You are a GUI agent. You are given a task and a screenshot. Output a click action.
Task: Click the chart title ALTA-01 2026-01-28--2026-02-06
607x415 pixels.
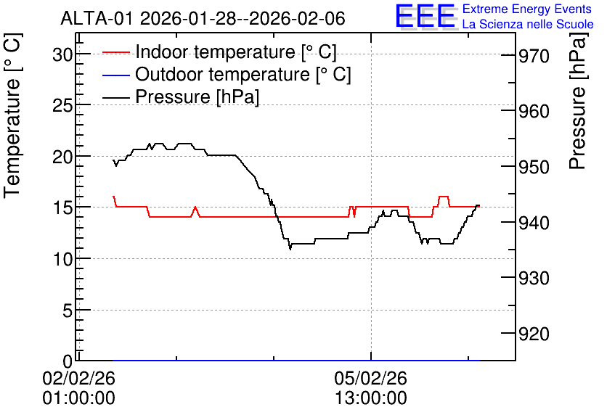(203, 18)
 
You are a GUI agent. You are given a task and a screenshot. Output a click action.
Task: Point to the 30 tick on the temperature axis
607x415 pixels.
(62, 55)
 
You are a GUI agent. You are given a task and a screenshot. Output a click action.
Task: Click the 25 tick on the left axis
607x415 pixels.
(62, 105)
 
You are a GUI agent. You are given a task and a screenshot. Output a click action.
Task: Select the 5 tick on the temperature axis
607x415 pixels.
(68, 311)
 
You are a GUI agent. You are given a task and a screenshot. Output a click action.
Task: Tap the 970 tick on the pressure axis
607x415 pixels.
(534, 57)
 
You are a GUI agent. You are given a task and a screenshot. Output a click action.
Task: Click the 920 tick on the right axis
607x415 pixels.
(534, 334)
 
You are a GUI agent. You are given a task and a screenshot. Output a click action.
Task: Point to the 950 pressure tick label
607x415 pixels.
(534, 167)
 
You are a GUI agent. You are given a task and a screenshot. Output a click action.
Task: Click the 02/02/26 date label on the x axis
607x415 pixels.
(78, 378)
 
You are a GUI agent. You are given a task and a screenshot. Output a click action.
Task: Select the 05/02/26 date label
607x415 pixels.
(371, 378)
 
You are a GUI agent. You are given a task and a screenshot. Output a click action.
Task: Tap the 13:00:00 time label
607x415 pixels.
(371, 398)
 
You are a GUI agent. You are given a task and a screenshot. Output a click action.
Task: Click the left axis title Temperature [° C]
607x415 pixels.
(12, 115)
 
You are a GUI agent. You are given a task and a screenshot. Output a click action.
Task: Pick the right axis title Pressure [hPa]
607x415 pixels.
(577, 101)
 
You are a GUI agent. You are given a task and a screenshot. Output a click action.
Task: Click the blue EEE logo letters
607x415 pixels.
(425, 16)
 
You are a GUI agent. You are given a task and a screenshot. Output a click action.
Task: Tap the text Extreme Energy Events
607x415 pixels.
(527, 9)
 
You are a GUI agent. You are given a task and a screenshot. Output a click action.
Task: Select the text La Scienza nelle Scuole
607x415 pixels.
(528, 24)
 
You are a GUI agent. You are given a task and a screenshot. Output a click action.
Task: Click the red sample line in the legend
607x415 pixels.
(115, 52)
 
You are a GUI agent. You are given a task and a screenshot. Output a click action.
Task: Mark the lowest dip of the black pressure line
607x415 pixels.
(290, 250)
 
